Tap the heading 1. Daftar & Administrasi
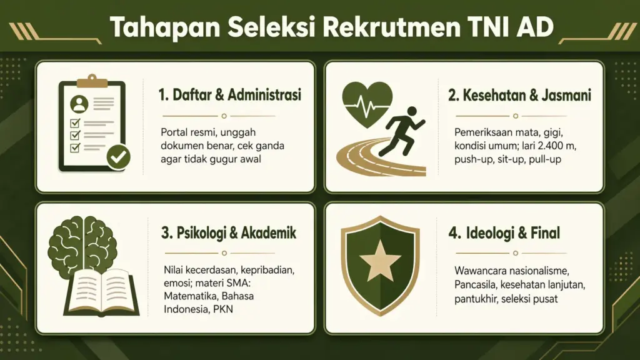coord(230,95)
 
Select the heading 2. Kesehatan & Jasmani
coord(519,95)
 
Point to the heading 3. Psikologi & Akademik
coord(228,233)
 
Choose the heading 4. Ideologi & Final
coord(504,233)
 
